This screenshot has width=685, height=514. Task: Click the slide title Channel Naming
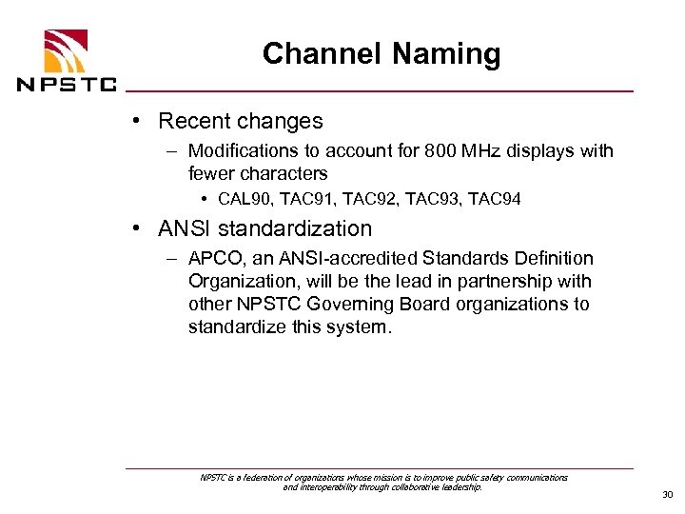pyautogui.click(x=381, y=54)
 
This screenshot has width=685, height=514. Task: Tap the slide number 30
pyautogui.click(x=665, y=495)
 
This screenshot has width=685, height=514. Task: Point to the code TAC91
pyautogui.click(x=308, y=200)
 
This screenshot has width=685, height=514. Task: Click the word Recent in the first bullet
pyautogui.click(x=192, y=122)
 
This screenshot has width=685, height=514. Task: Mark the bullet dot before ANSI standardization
pyautogui.click(x=139, y=229)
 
